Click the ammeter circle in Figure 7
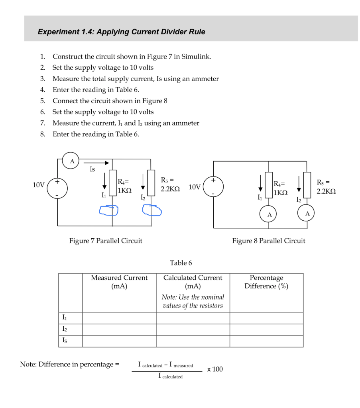coord(72,162)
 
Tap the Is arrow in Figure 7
coord(96,163)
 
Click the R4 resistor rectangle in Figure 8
coord(269,185)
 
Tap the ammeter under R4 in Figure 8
coord(269,214)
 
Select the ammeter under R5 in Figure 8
coord(307,214)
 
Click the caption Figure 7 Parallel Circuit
coord(106,241)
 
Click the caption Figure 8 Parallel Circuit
coord(269,241)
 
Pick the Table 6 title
coord(181,263)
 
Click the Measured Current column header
coord(119,282)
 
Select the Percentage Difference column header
coord(266,282)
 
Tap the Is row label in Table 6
coord(65,341)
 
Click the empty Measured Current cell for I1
coord(119,318)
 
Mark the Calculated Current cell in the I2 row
coord(193,330)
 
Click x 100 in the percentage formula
coord(215,369)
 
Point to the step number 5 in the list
coord(42,101)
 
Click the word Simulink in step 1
coord(196,56)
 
